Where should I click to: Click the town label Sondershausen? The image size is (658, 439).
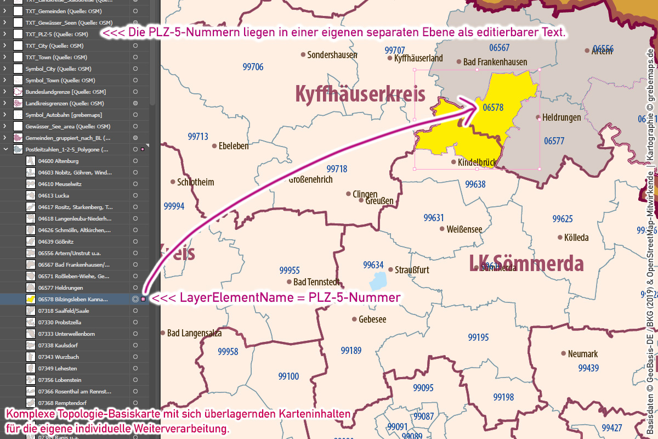pyautogui.click(x=332, y=55)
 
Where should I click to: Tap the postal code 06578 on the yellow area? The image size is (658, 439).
pyautogui.click(x=493, y=108)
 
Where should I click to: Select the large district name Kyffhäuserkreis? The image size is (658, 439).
pyautogui.click(x=360, y=94)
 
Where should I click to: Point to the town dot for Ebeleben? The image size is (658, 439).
pyautogui.click(x=214, y=146)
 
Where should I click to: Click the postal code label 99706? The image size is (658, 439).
pyautogui.click(x=253, y=67)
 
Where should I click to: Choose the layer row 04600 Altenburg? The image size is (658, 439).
pyautogui.click(x=59, y=161)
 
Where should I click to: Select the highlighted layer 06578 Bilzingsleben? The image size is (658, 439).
pyautogui.click(x=73, y=299)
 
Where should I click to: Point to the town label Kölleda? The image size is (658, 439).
pyautogui.click(x=576, y=238)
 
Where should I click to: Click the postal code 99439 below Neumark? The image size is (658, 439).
pyautogui.click(x=588, y=368)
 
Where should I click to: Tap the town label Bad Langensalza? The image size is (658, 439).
pyautogui.click(x=192, y=333)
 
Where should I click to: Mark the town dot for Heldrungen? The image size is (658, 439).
pyautogui.click(x=537, y=117)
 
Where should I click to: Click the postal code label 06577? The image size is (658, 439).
pyautogui.click(x=554, y=141)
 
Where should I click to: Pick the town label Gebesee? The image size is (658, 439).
pyautogui.click(x=372, y=319)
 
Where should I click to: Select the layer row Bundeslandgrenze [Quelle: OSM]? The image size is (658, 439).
pyautogui.click(x=65, y=92)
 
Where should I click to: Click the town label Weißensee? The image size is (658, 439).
pyautogui.click(x=464, y=229)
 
